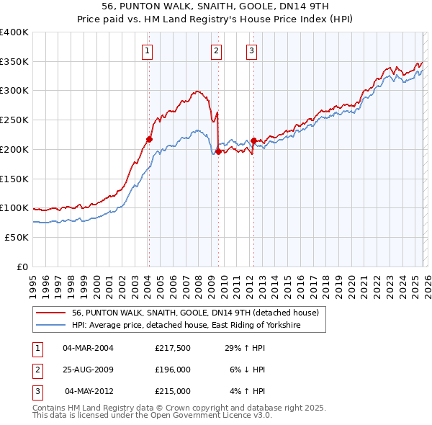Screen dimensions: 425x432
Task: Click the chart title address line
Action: click(x=215, y=6)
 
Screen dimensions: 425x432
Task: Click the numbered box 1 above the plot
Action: click(x=147, y=50)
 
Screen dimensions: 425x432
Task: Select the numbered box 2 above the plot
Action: click(x=216, y=50)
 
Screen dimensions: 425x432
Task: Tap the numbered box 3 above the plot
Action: click(x=251, y=50)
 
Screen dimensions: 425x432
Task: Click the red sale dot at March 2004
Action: click(x=149, y=139)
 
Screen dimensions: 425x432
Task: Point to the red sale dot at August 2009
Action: click(x=218, y=151)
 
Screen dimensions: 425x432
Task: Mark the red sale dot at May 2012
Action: click(x=253, y=140)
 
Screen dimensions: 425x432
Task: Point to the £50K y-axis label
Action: click(x=17, y=237)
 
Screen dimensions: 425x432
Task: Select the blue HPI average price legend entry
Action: click(x=185, y=326)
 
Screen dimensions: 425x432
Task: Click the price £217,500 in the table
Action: click(x=172, y=347)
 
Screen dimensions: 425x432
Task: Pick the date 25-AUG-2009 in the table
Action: click(x=88, y=370)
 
